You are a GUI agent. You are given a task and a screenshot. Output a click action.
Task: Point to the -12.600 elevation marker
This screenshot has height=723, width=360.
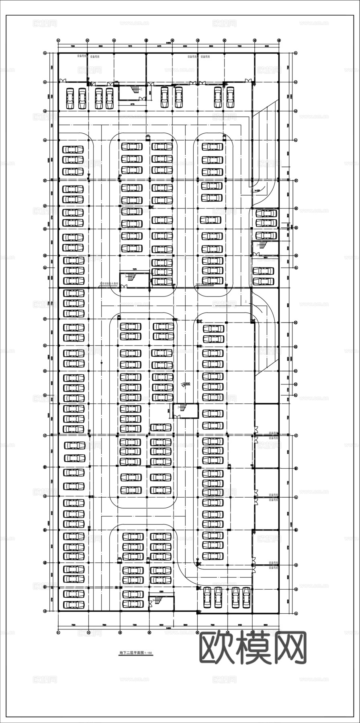(x=186, y=384)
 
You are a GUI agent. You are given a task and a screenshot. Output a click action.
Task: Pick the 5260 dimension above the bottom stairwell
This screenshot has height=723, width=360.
(x=161, y=591)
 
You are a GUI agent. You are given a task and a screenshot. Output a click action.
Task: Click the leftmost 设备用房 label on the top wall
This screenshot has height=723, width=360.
(x=82, y=56)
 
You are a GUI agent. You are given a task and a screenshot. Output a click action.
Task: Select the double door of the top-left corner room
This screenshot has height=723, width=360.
(x=63, y=82)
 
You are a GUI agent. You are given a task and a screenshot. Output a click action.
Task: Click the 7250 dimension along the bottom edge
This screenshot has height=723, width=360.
(x=135, y=625)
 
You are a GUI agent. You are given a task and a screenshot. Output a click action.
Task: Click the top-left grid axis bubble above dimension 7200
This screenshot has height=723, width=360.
(x=59, y=40)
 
